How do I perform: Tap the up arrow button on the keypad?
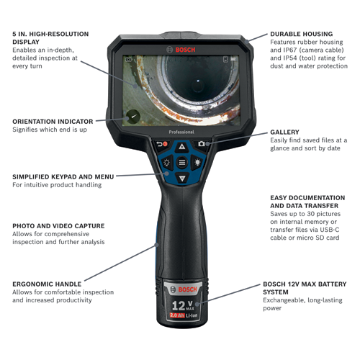(x=181, y=146)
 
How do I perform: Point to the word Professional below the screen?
(x=181, y=132)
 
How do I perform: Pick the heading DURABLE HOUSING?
(x=301, y=34)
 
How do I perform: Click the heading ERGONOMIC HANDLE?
(x=48, y=284)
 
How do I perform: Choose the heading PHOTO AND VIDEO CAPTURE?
(x=58, y=225)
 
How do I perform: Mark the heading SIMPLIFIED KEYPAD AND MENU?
(x=63, y=176)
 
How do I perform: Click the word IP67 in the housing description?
(x=279, y=52)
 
